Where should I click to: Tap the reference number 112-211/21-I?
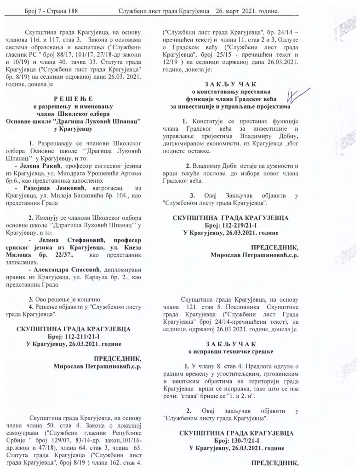click(80, 336)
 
